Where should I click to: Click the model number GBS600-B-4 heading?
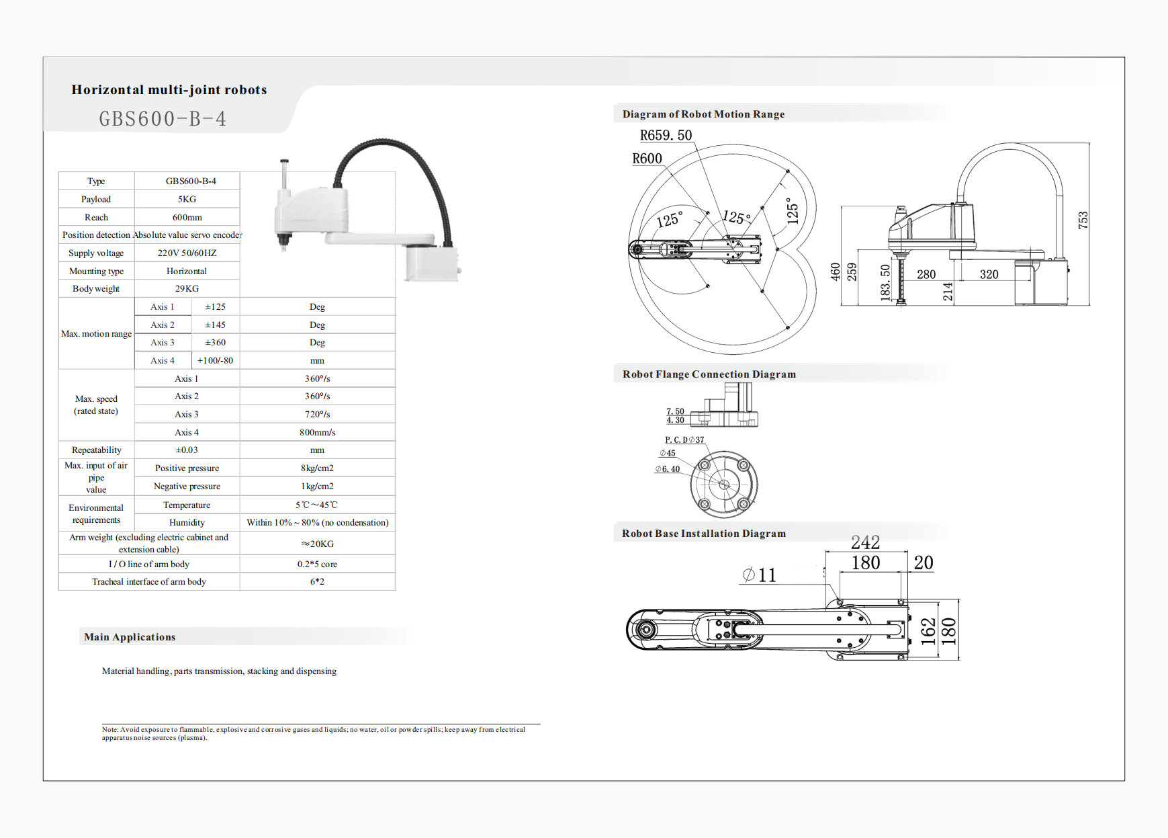coord(163,119)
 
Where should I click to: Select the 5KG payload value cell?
coord(187,200)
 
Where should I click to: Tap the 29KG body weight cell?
coord(187,289)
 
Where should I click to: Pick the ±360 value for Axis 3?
coord(215,343)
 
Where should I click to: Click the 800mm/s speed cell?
coord(317,433)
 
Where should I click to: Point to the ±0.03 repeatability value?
coord(187,450)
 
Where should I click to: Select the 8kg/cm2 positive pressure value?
coord(317,468)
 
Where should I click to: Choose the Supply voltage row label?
coord(96,253)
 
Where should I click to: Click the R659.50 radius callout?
coord(666,136)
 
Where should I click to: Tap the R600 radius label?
coord(647,159)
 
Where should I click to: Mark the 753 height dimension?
coord(1083,220)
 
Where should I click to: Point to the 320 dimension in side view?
coord(989,274)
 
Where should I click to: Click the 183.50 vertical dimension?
coord(885,281)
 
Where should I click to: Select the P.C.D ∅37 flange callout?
coord(684,440)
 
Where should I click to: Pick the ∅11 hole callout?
coord(759,575)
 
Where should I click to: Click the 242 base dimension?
coord(865,542)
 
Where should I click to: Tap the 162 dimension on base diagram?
coord(928,632)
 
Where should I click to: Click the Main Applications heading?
coord(130,637)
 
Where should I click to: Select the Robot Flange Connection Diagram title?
coord(709,374)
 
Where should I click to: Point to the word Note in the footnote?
coord(109,730)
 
